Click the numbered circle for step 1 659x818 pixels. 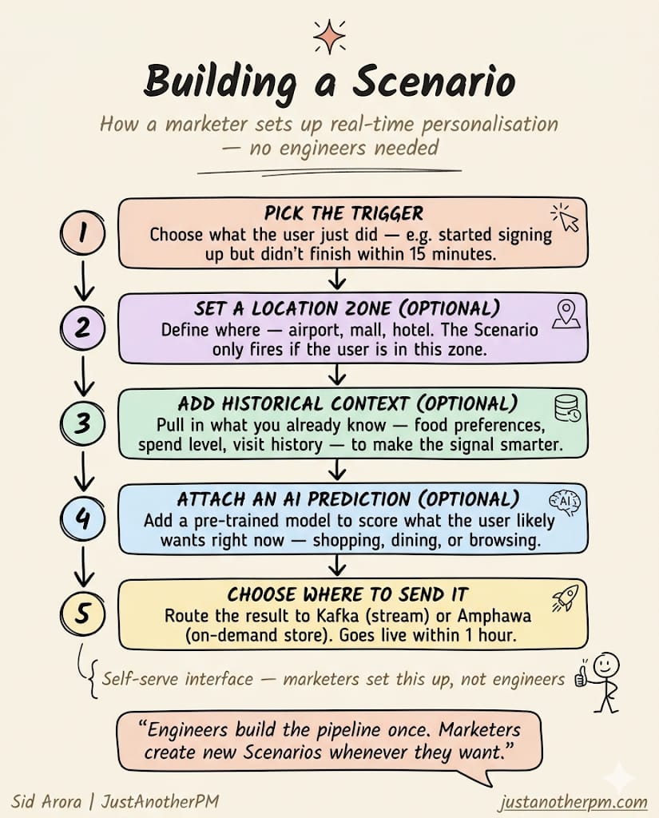coord(83,234)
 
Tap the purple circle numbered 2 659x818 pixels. coord(83,328)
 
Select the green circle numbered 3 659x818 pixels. coord(83,423)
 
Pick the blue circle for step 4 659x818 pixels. coord(83,518)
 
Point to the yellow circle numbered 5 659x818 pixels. coord(83,613)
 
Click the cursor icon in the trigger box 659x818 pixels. coord(566,218)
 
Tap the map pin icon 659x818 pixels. coord(566,314)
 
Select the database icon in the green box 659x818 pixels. coord(567,408)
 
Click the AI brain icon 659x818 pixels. coord(565,502)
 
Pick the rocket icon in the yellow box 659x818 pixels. coord(565,598)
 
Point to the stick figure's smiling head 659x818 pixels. coord(606,665)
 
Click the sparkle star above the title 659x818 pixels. coord(329,37)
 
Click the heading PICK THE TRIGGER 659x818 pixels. coord(343,214)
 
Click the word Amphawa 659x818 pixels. coord(494,616)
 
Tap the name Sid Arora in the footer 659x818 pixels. coord(46,800)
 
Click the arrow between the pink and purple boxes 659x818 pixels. coord(338,279)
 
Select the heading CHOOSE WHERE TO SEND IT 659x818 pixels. coord(347,594)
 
